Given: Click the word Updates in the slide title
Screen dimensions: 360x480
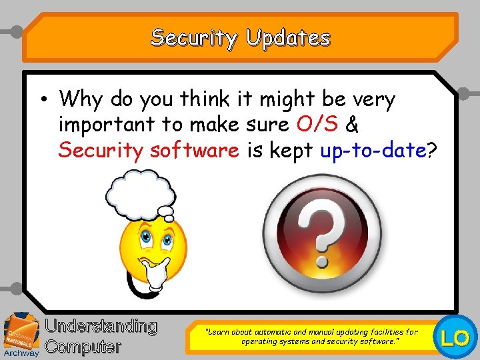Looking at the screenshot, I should (288, 38).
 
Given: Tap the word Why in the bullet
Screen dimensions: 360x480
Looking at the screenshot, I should (81, 100).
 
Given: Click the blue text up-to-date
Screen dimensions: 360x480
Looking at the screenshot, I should (373, 151).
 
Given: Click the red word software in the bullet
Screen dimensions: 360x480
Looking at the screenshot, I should (195, 150).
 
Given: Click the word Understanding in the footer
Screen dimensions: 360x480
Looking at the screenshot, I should (101, 326).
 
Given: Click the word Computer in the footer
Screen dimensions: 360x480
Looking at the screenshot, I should (83, 347).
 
